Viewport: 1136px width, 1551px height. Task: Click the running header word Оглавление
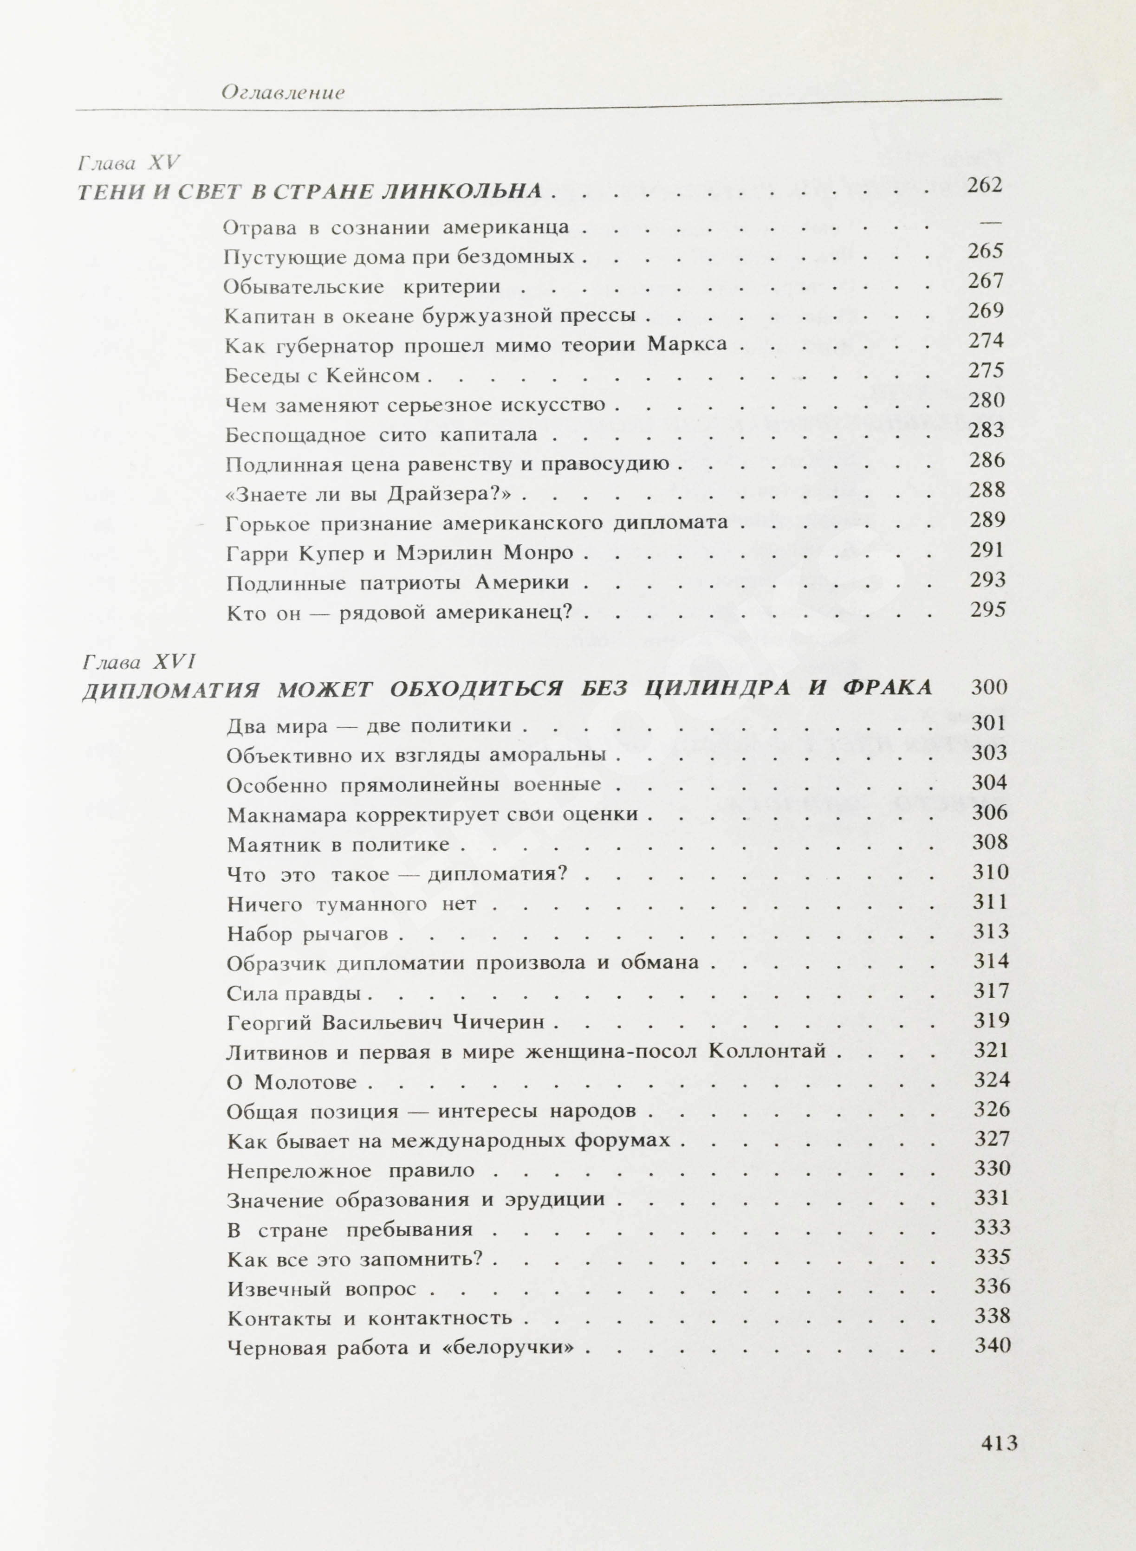click(283, 93)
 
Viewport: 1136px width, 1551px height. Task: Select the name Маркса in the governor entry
click(687, 344)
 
